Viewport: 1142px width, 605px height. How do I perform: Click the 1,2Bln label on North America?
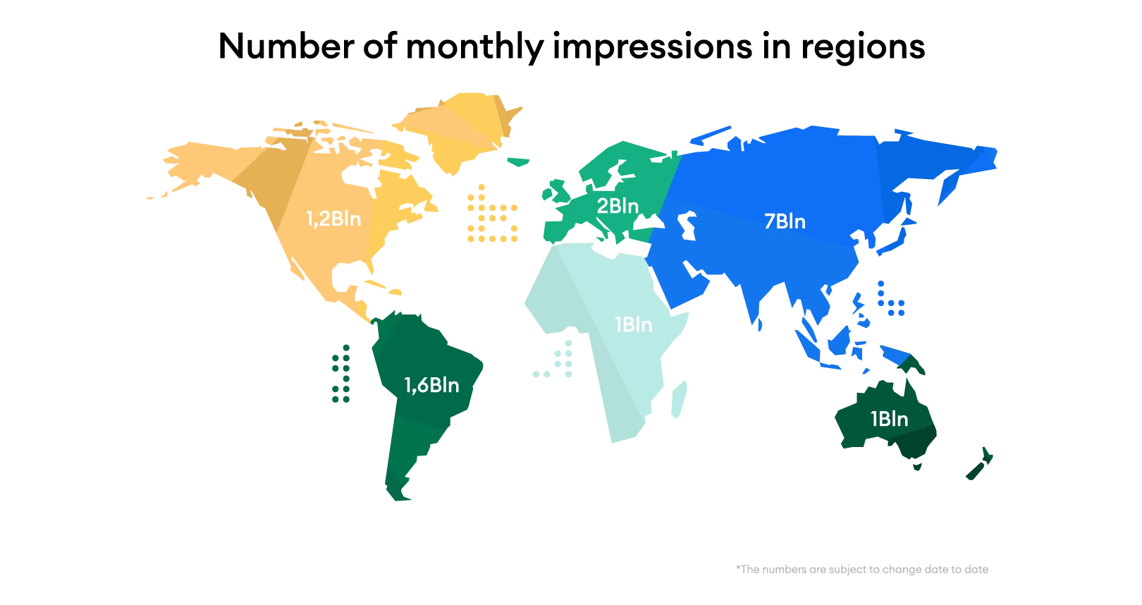click(333, 219)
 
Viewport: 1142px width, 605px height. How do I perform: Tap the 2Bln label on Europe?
click(618, 206)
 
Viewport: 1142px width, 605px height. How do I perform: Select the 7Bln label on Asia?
click(785, 221)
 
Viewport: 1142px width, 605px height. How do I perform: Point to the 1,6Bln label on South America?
click(431, 385)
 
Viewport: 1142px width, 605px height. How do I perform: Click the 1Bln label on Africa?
click(633, 324)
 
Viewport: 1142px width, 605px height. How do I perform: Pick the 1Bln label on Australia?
click(889, 419)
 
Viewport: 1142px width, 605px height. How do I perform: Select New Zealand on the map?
click(980, 465)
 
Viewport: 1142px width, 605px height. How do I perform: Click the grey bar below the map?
click(863, 569)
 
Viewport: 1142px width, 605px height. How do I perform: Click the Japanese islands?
click(895, 233)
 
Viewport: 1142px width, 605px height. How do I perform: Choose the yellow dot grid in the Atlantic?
click(491, 215)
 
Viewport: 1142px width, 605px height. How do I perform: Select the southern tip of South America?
click(399, 487)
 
